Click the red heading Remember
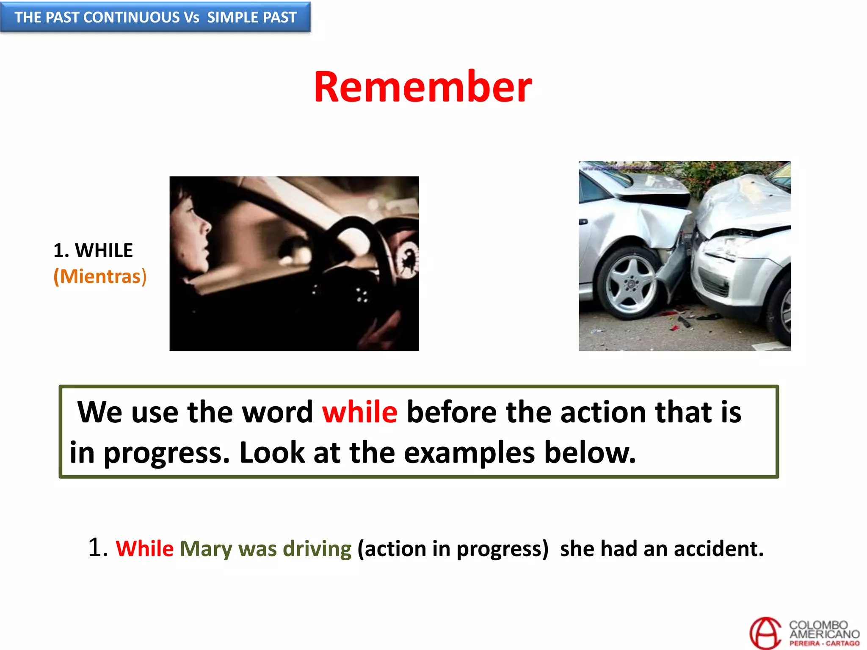(422, 87)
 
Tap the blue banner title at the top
(155, 17)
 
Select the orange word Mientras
(100, 277)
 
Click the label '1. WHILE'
(93, 251)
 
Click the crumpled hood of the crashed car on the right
(741, 203)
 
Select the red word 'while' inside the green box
(360, 412)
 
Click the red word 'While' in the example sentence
(145, 549)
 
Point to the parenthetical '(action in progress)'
(453, 549)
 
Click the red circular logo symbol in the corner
(765, 633)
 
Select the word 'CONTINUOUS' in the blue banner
(132, 17)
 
